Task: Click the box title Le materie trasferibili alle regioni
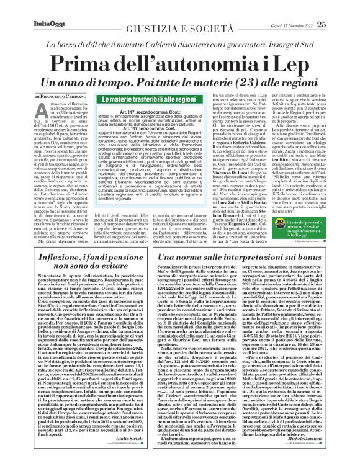(125, 98)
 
